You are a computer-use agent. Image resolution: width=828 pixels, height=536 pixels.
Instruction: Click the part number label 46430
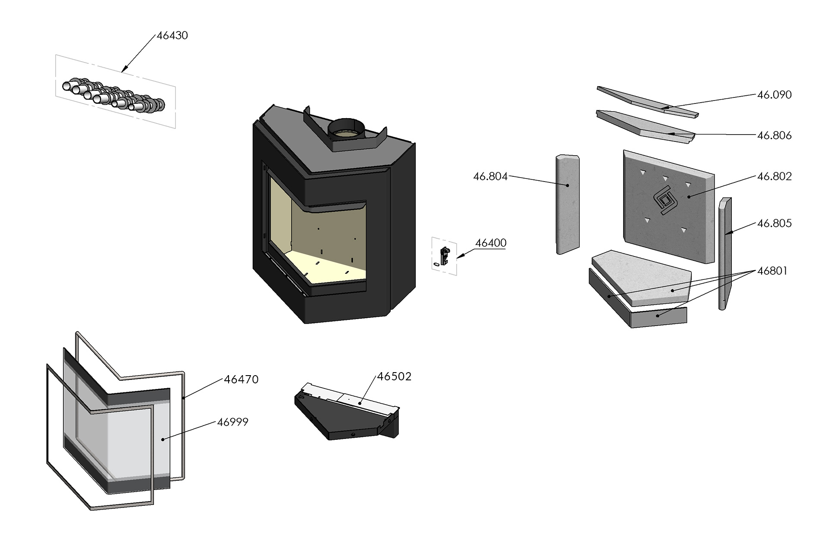(x=172, y=35)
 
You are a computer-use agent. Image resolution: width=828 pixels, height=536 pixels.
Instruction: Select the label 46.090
(x=775, y=95)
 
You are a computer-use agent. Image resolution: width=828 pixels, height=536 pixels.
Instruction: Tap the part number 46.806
(x=775, y=135)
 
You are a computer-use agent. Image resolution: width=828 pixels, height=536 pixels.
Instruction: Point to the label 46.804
(x=490, y=176)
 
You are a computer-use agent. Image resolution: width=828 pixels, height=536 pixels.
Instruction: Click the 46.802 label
(x=775, y=176)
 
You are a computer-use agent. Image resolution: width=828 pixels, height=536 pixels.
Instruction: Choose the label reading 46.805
(x=775, y=223)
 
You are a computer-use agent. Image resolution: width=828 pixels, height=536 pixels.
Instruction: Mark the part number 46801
(x=772, y=271)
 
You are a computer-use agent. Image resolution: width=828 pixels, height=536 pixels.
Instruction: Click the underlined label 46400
(x=491, y=243)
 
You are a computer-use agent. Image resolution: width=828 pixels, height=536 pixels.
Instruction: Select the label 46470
(x=241, y=379)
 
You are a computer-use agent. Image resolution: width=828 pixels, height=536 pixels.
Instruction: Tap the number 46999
(x=232, y=422)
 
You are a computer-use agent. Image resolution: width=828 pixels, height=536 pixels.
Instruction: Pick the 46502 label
(x=394, y=376)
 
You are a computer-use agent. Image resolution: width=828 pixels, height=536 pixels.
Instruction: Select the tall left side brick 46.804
(x=567, y=204)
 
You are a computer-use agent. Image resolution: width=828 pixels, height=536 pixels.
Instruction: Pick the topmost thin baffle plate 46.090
(x=647, y=102)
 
